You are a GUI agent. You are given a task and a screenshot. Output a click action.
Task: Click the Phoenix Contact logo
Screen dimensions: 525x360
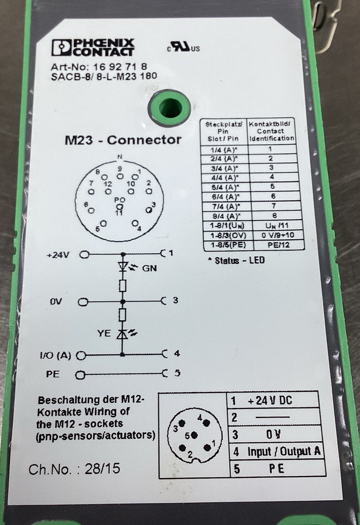93,48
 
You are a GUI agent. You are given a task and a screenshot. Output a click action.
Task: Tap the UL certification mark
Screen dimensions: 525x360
183,48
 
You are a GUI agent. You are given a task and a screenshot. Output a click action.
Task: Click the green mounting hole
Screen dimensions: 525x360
169,105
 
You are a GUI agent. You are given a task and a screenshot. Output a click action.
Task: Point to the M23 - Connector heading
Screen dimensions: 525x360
123,140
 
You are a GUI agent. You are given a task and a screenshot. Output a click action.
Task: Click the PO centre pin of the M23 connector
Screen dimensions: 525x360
120,206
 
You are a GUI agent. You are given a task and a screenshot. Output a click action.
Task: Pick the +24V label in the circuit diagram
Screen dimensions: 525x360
58,255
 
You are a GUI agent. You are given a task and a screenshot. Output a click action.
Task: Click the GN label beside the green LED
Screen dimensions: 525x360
149,268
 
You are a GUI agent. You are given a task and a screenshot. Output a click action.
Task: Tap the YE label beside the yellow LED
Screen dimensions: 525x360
104,333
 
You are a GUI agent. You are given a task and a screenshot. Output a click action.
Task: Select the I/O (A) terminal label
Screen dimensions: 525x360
55,355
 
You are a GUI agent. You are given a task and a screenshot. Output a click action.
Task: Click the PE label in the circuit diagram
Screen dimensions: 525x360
53,374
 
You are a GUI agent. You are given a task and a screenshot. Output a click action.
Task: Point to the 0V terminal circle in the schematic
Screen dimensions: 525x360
83,302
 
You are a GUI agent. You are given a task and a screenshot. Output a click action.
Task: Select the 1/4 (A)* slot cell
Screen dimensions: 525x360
225,149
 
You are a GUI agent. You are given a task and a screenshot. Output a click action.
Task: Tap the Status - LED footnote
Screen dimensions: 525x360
236,261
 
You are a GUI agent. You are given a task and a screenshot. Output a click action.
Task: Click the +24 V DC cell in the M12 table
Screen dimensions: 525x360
270,400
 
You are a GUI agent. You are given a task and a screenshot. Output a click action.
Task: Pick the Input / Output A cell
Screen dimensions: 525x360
284,451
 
